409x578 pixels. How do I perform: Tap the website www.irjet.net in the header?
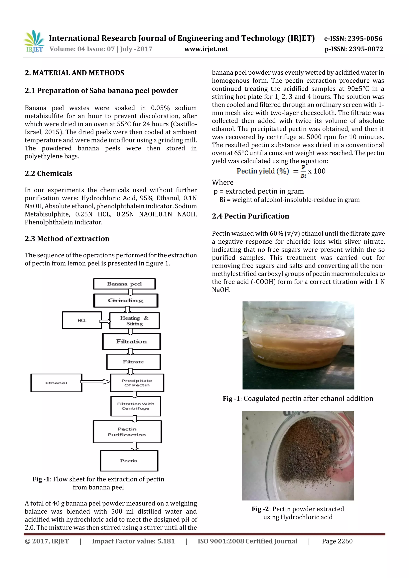coord(206,49)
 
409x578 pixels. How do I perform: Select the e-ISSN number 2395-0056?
coord(353,39)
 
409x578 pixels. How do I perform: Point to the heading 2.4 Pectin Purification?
coord(250,216)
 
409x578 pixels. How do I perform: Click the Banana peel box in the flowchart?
coord(124,284)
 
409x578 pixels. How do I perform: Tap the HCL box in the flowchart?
coord(82,320)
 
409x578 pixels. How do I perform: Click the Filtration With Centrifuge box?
coord(136,406)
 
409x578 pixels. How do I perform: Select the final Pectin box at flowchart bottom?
coord(129,461)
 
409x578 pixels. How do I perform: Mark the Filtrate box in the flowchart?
coord(133,362)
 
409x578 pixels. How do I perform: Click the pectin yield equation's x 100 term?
coord(317,171)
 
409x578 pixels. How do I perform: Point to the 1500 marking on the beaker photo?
coord(257,331)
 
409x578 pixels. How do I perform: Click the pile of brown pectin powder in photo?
coord(307,451)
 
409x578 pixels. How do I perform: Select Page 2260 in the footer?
coord(337,541)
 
